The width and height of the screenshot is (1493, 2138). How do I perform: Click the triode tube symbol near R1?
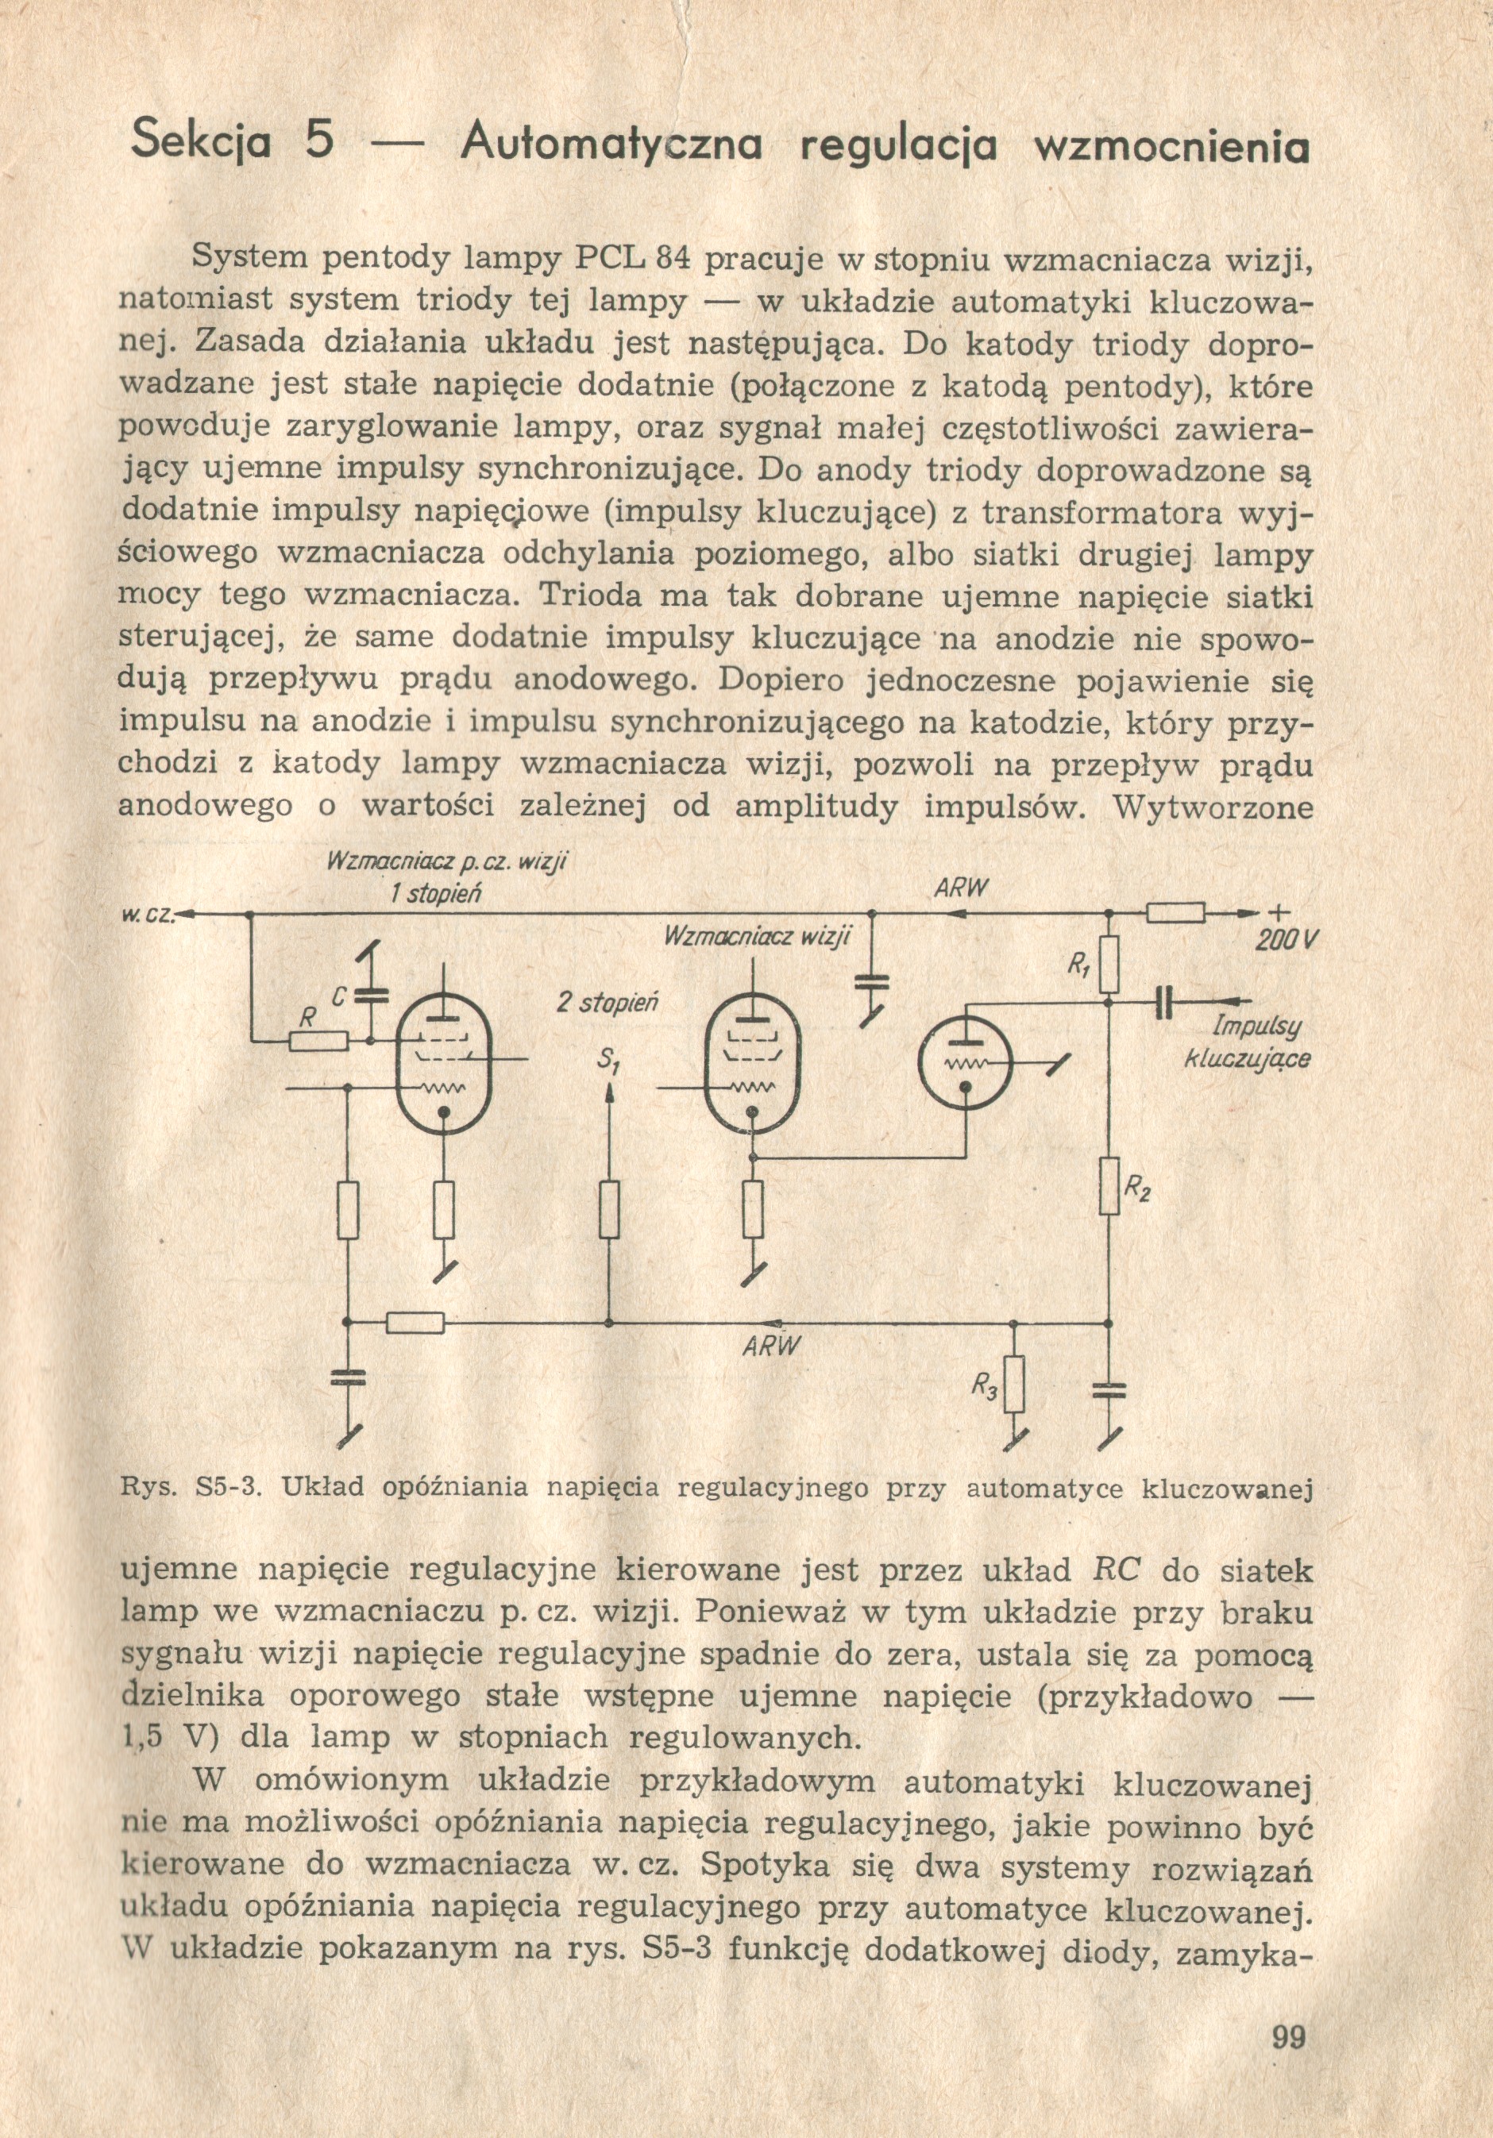(965, 1062)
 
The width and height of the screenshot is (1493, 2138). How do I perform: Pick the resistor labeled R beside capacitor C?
(318, 1041)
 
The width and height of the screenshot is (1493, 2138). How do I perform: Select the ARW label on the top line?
(960, 888)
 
